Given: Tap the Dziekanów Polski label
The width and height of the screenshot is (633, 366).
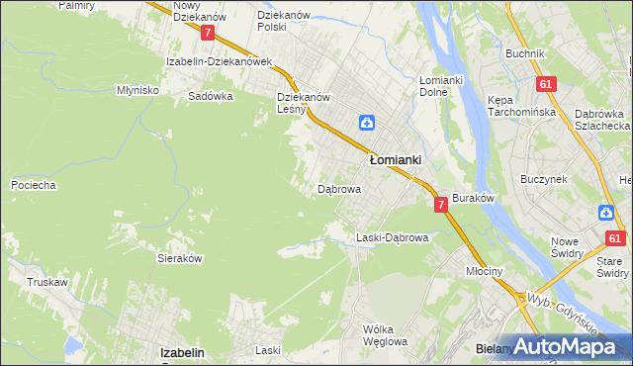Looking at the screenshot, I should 285,21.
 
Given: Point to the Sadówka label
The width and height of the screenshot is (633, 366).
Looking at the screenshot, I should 210,97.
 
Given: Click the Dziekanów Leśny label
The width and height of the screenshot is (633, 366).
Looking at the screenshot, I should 303,103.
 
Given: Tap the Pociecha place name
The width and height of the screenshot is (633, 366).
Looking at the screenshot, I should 33,185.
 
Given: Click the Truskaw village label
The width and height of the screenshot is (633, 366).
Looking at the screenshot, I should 47,282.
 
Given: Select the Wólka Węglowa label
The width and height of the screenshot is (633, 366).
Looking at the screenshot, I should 386,335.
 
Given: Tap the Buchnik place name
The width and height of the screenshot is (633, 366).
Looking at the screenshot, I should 524,53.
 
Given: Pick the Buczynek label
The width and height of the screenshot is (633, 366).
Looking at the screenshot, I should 543,179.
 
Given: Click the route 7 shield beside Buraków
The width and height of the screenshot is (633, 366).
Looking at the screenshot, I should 440,204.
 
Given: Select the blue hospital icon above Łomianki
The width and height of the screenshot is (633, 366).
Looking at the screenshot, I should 366,123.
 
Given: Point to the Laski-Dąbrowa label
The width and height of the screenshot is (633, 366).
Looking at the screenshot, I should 392,237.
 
